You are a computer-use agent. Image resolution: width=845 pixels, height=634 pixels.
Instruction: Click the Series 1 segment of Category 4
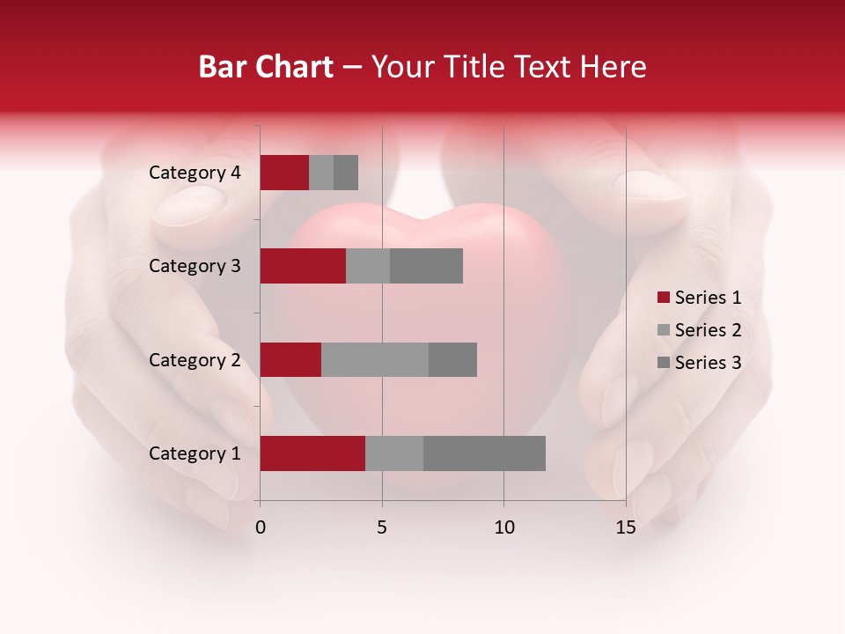tap(284, 173)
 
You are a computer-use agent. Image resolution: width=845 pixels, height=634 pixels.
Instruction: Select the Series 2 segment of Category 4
tap(321, 173)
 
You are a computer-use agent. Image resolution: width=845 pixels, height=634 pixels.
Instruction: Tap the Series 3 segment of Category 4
tap(346, 173)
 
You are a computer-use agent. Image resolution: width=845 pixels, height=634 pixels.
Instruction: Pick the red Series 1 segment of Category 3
tap(303, 266)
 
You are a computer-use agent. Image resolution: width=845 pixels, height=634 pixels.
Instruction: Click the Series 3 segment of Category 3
tap(426, 266)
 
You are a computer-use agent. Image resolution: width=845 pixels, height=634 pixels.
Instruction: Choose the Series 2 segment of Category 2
tap(375, 359)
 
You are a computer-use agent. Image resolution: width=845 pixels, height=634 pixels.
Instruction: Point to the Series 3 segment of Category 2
tap(452, 359)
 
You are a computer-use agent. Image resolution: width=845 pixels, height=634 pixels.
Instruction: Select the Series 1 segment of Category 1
tap(312, 453)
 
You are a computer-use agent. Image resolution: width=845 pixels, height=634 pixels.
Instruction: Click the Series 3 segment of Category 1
tap(484, 453)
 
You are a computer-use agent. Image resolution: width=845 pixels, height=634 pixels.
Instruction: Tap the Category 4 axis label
tap(195, 173)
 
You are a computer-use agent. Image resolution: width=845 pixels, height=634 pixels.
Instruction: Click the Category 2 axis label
tap(195, 359)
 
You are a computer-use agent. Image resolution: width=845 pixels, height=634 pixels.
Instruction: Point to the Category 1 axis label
tap(195, 453)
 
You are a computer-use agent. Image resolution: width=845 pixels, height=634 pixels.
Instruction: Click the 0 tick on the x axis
tap(261, 527)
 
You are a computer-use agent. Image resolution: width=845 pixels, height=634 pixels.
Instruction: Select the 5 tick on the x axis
tap(382, 527)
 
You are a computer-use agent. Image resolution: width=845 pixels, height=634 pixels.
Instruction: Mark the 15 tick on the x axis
tap(626, 527)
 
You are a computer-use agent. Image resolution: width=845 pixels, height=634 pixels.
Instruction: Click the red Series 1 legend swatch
tap(663, 298)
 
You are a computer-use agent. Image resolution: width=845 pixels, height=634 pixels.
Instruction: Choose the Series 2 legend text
tap(708, 330)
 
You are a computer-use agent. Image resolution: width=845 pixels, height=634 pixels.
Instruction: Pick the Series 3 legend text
tap(708, 363)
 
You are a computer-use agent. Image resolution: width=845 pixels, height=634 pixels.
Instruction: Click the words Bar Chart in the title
tap(266, 67)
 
